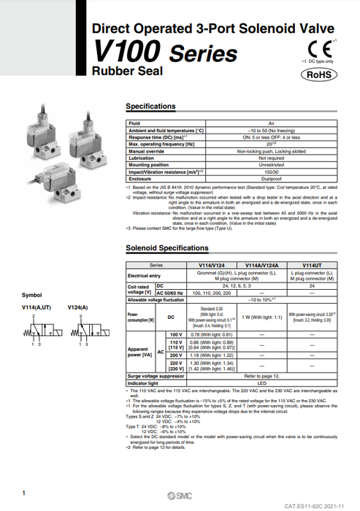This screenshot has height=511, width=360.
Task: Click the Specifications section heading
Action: click(x=156, y=107)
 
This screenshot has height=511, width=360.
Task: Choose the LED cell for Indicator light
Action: click(x=261, y=383)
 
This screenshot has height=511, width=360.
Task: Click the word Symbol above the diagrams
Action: click(x=32, y=296)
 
